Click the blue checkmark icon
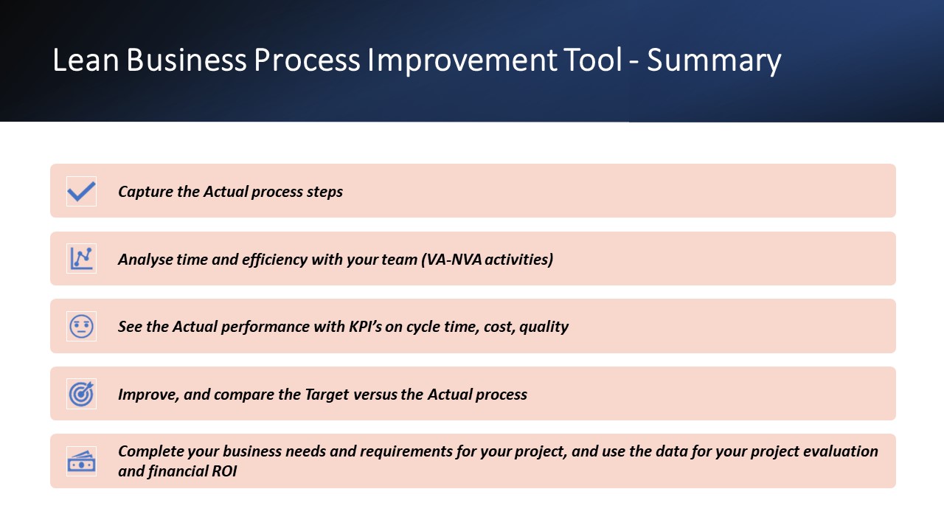click(81, 191)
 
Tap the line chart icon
click(81, 258)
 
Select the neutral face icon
click(81, 326)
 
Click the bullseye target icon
click(81, 394)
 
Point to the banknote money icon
click(81, 462)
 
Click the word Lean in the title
click(86, 60)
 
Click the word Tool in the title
click(592, 60)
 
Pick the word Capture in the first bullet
click(145, 192)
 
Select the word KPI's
click(365, 327)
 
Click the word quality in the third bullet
click(544, 327)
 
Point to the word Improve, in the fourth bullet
click(149, 395)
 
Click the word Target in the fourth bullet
click(327, 395)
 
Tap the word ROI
click(224, 471)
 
